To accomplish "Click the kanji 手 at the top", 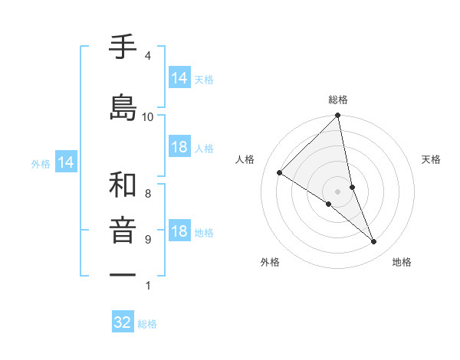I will coord(123,48).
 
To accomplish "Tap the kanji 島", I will coord(123,108).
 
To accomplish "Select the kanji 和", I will coord(123,185).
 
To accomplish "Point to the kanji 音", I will coord(123,231).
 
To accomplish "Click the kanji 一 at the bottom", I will coord(123,274).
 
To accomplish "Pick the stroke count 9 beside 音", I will coord(147,240).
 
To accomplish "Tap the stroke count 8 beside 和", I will coord(147,194).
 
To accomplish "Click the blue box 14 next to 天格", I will coord(179,78).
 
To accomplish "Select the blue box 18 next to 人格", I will coord(179,147).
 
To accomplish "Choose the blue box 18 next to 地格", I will coord(179,231).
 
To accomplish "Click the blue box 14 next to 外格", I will coord(66,162).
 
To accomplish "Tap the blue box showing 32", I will coord(123,322).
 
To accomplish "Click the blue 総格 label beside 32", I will coord(147,324).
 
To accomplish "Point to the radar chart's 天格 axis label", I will coord(432,159).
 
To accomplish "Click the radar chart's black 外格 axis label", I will coord(270,263).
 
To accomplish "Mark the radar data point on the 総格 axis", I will coord(337,116).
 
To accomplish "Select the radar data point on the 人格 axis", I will coord(280,173).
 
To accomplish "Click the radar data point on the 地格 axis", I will coord(374,241).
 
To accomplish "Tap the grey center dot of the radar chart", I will coord(337,191).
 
